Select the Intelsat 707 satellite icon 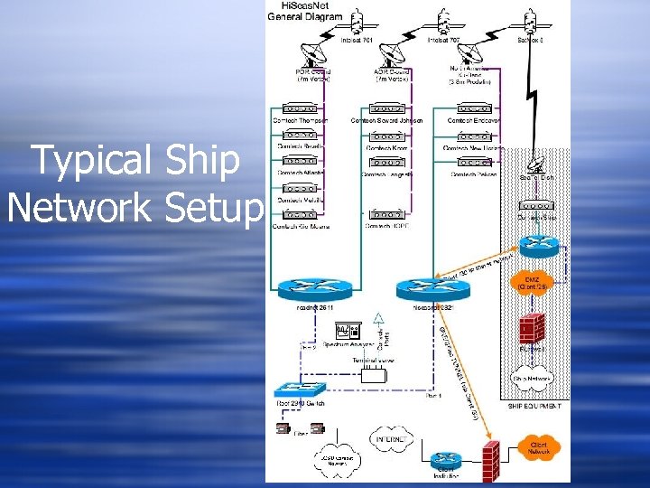(x=443, y=21)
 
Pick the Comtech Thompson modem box (x=301, y=109)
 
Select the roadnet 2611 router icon (x=309, y=287)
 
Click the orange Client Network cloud (x=540, y=446)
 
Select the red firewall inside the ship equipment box (x=532, y=326)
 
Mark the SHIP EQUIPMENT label (x=535, y=407)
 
